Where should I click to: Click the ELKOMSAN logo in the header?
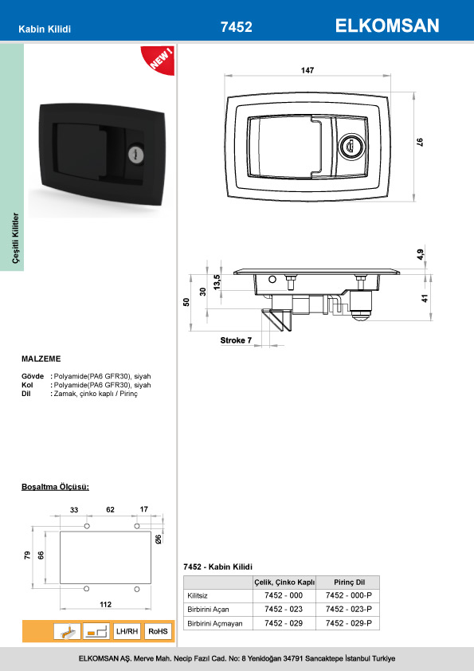point(387,26)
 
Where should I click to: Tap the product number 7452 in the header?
point(236,27)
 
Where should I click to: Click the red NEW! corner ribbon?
point(159,59)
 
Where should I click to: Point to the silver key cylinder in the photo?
point(136,154)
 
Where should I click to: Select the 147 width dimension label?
point(308,70)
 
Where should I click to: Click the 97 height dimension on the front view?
point(420,142)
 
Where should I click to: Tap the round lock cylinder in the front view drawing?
point(351,147)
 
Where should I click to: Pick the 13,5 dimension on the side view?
point(217,282)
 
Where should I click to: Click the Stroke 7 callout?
point(236,340)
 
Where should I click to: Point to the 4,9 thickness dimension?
point(421,255)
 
